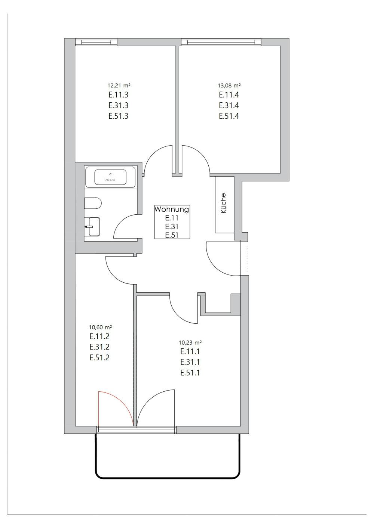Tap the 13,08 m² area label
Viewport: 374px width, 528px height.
tap(229, 86)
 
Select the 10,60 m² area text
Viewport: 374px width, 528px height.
tap(99, 327)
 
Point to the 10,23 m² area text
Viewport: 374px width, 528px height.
tap(190, 342)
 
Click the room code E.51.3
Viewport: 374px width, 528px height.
tap(119, 116)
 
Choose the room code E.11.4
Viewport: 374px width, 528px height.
tap(229, 95)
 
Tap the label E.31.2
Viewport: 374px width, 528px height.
tap(99, 347)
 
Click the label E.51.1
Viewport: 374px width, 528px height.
tap(190, 373)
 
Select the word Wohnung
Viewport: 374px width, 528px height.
tap(172, 209)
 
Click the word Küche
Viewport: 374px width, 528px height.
tap(224, 203)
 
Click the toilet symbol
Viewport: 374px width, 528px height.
tap(93, 204)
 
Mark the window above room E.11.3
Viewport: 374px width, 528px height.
tap(96, 42)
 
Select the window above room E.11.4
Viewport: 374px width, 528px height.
tap(221, 42)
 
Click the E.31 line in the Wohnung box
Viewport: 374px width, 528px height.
tap(172, 227)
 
